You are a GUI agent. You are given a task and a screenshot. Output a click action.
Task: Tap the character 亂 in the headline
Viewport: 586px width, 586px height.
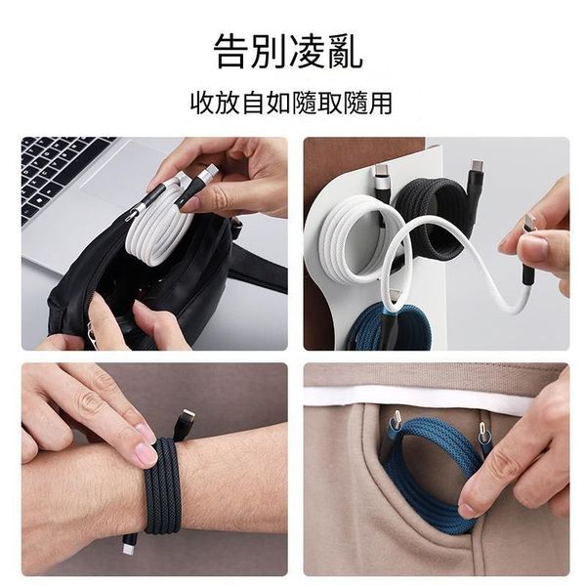(344, 51)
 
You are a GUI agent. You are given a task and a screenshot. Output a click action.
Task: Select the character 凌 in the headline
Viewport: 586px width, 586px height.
(307, 51)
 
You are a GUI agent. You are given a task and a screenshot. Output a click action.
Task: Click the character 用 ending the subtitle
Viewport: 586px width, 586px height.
(380, 103)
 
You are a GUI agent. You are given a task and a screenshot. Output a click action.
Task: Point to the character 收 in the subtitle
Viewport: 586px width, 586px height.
(202, 103)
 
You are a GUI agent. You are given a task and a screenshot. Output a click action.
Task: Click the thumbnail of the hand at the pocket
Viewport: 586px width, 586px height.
(468, 510)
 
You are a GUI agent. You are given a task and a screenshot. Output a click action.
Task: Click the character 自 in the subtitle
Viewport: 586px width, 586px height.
(253, 103)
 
